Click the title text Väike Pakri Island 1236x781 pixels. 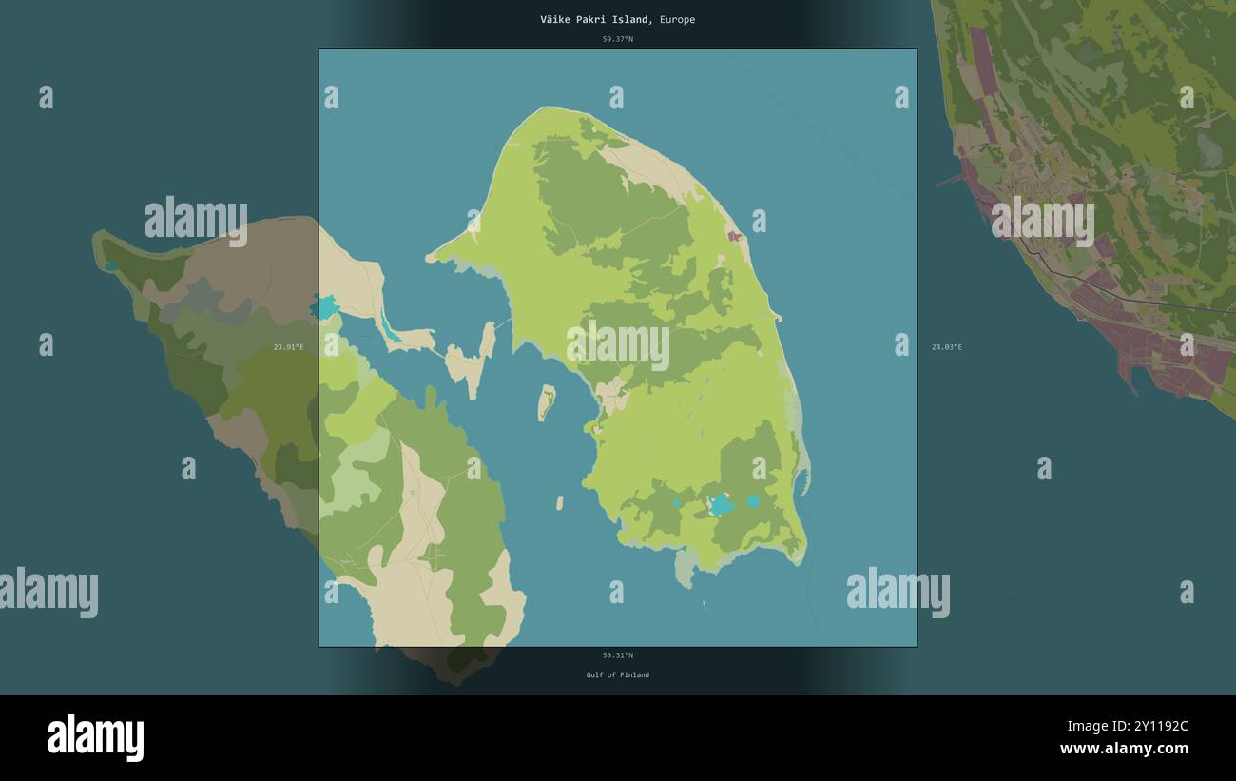pos(596,19)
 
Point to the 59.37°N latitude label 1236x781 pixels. pos(617,39)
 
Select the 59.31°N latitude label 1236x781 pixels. pos(617,655)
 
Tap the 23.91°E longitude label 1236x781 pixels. pos(288,347)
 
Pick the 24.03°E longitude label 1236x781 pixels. pos(946,347)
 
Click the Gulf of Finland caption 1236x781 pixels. pos(617,675)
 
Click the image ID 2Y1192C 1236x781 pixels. pos(1151,726)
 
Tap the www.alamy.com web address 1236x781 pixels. pos(1124,749)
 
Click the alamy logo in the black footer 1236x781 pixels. pos(95,738)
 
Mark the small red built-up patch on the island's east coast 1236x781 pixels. pos(734,236)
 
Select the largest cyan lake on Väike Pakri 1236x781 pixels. pos(722,504)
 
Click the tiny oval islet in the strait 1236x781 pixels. pos(546,402)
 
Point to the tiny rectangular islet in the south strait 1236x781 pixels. pos(560,502)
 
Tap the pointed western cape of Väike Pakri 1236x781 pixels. pos(434,257)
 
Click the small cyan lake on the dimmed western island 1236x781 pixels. pos(112,265)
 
